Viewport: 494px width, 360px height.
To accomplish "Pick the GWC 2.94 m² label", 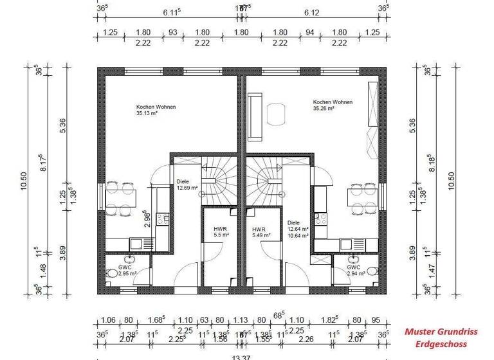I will click(x=356, y=270).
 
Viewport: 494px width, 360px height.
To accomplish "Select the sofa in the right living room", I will click(x=254, y=116).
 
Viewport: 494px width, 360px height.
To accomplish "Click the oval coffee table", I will click(x=277, y=116).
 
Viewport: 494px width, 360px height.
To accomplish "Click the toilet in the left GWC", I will click(x=112, y=273).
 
